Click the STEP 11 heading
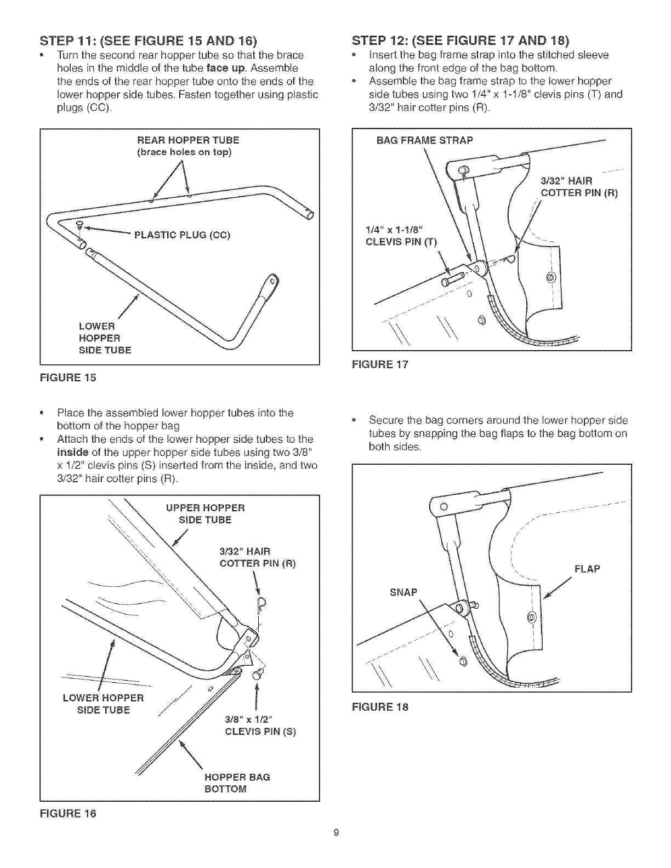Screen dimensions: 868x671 [148, 41]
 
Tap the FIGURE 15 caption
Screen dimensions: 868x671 [68, 377]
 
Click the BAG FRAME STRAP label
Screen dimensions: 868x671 [424, 140]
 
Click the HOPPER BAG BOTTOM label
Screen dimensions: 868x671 [237, 783]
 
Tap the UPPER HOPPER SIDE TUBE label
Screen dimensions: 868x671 [205, 513]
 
